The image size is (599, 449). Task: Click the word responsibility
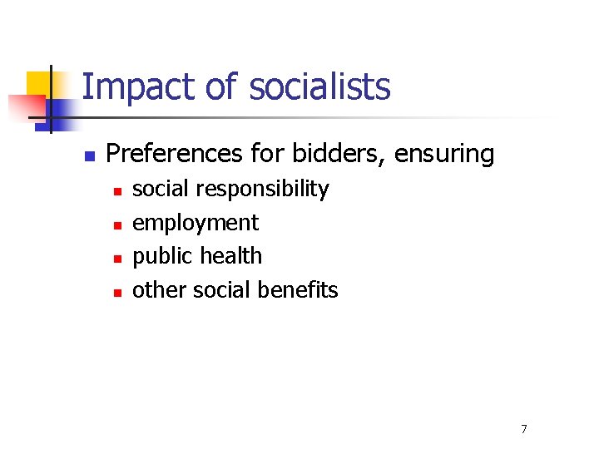point(261,190)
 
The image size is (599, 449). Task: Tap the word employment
point(196,223)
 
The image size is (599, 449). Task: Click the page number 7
point(523,429)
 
